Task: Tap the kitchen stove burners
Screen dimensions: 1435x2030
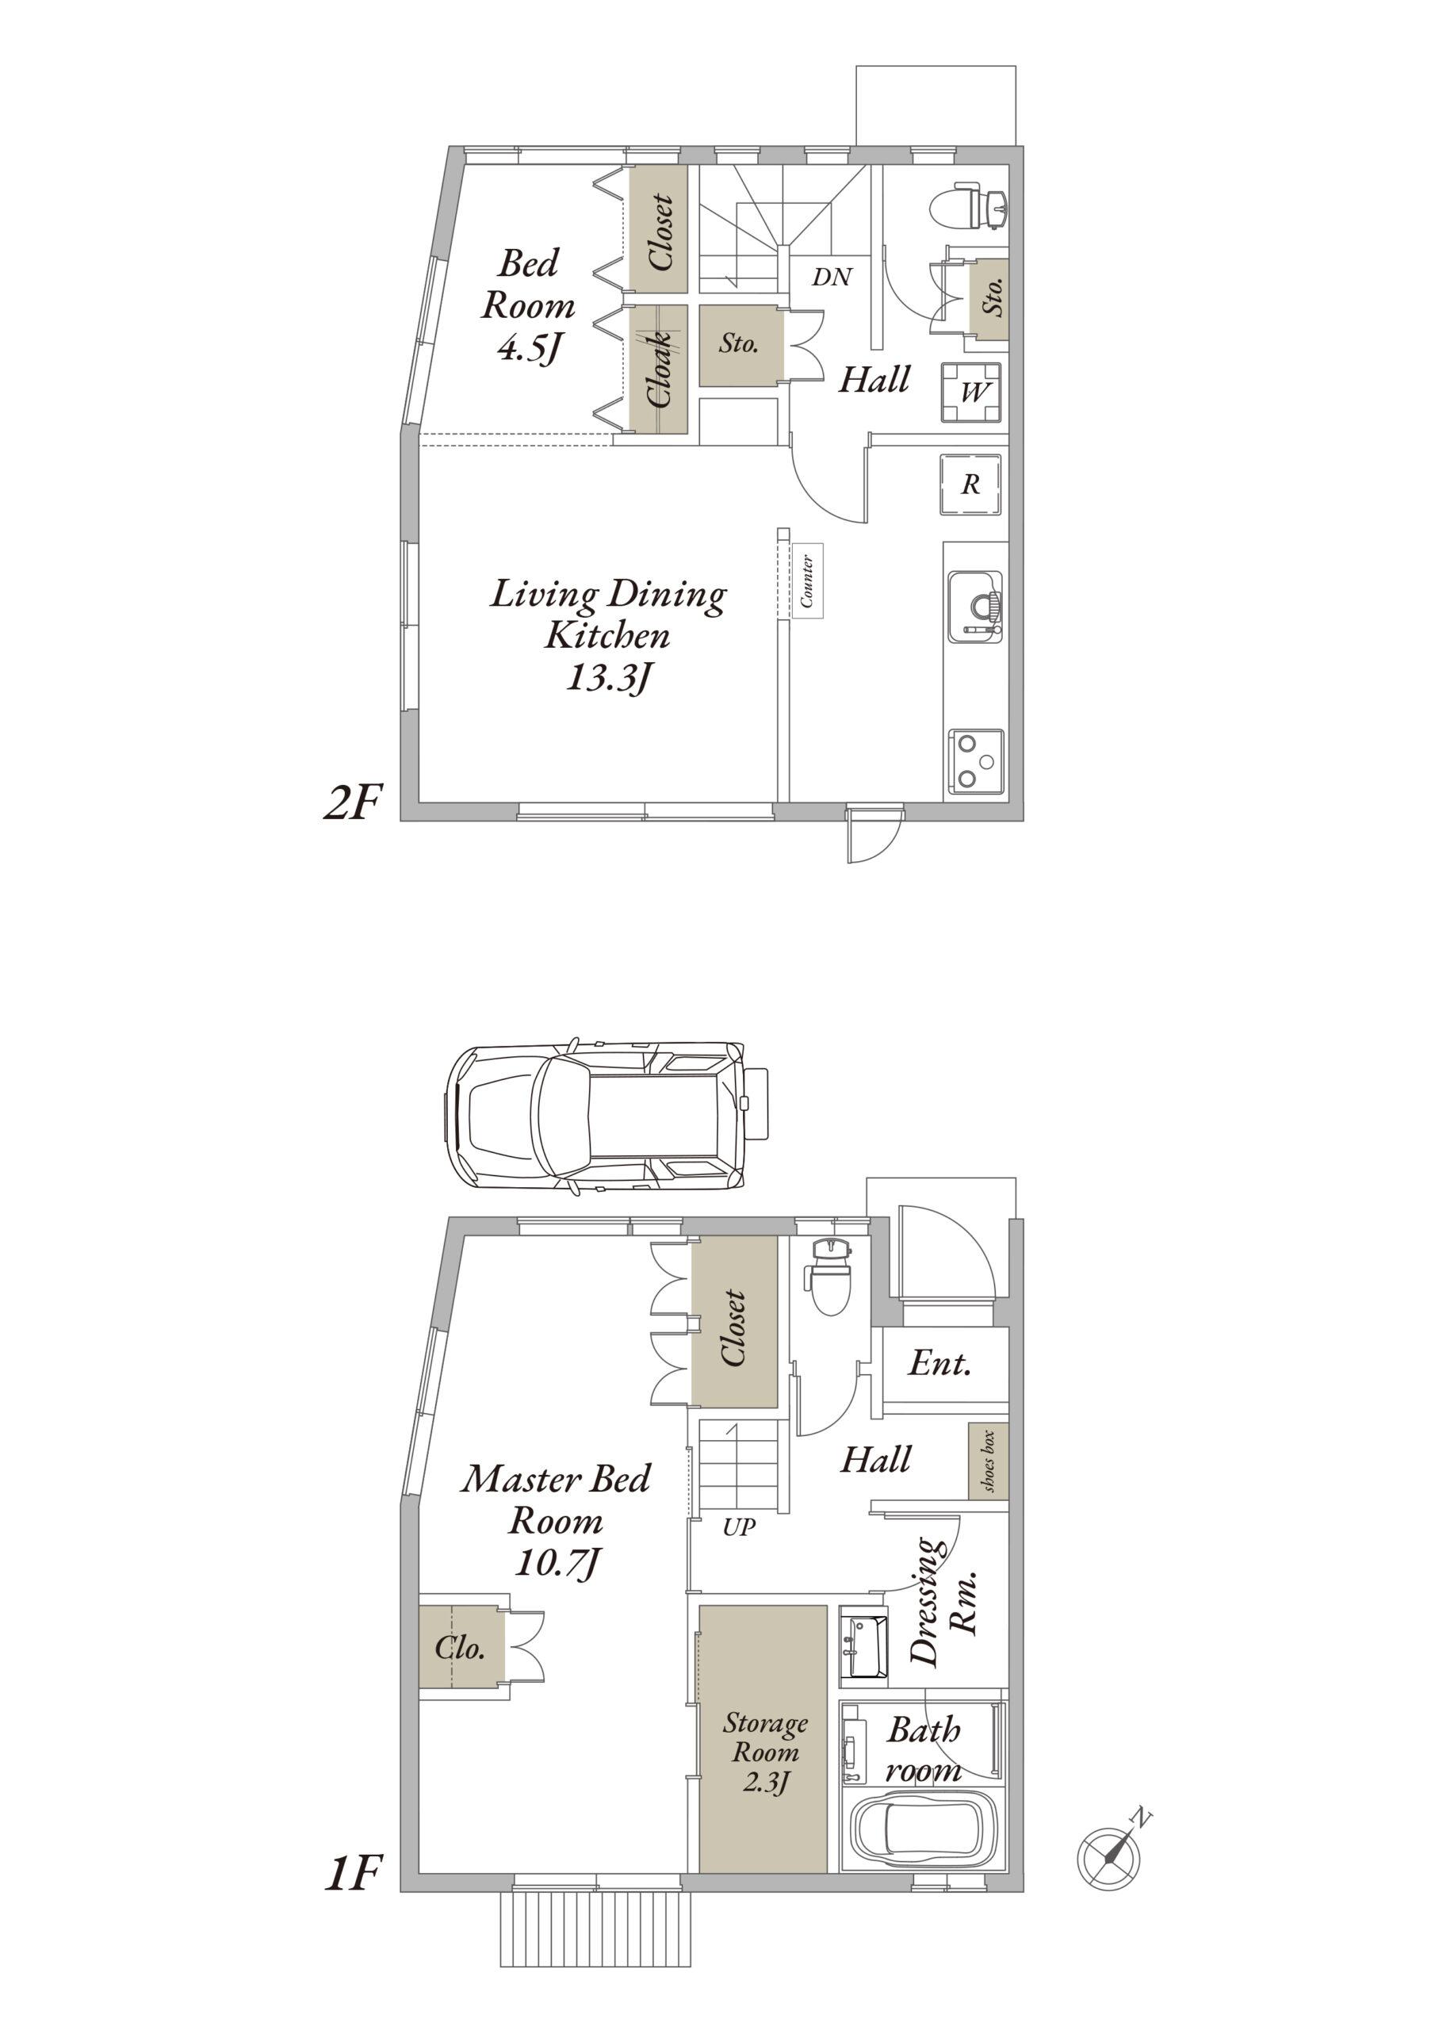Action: pyautogui.click(x=976, y=760)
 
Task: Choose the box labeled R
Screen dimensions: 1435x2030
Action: pyautogui.click(x=971, y=484)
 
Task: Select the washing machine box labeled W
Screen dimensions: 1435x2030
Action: pyautogui.click(x=971, y=392)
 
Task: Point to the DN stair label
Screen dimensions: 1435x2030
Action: pyautogui.click(x=831, y=278)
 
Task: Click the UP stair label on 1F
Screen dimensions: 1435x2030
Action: pyautogui.click(x=738, y=1527)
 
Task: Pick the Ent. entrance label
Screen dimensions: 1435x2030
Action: pyautogui.click(x=939, y=1362)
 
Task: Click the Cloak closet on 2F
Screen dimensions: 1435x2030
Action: pyautogui.click(x=659, y=370)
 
